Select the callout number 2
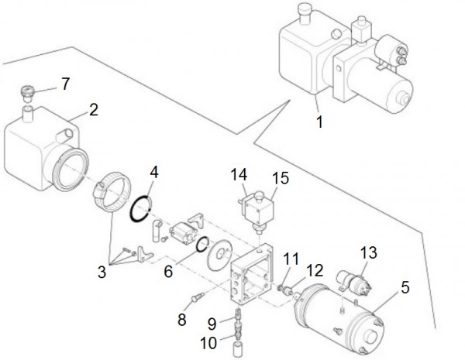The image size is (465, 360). pos(93,109)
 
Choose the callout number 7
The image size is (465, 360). pos(65,83)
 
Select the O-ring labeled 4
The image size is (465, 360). pos(139,210)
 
